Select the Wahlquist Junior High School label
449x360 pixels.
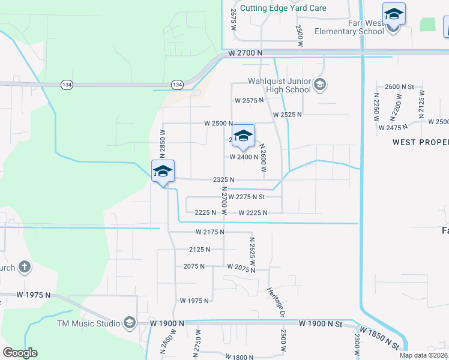279,85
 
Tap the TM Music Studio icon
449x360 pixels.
129,323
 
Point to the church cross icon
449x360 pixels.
24,266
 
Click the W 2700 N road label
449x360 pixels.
246,53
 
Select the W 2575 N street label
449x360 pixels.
249,100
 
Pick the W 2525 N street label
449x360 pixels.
287,114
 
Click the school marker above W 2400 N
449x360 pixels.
243,136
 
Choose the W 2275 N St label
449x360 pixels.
255,196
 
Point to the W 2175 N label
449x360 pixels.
209,232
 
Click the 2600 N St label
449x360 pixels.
400,87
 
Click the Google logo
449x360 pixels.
20,353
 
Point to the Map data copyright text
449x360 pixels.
424,355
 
